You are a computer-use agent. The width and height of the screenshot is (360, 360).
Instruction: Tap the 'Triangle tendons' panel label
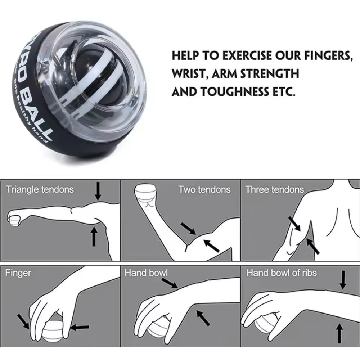(40, 189)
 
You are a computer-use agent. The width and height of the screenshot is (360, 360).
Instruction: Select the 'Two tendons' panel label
(204, 189)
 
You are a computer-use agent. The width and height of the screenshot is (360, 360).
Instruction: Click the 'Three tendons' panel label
(274, 189)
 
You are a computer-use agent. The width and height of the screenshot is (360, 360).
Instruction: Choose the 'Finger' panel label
(18, 273)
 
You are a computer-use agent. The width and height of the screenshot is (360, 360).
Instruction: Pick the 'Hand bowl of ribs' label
(281, 273)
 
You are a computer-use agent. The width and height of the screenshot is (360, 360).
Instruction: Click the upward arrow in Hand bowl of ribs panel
(339, 333)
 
